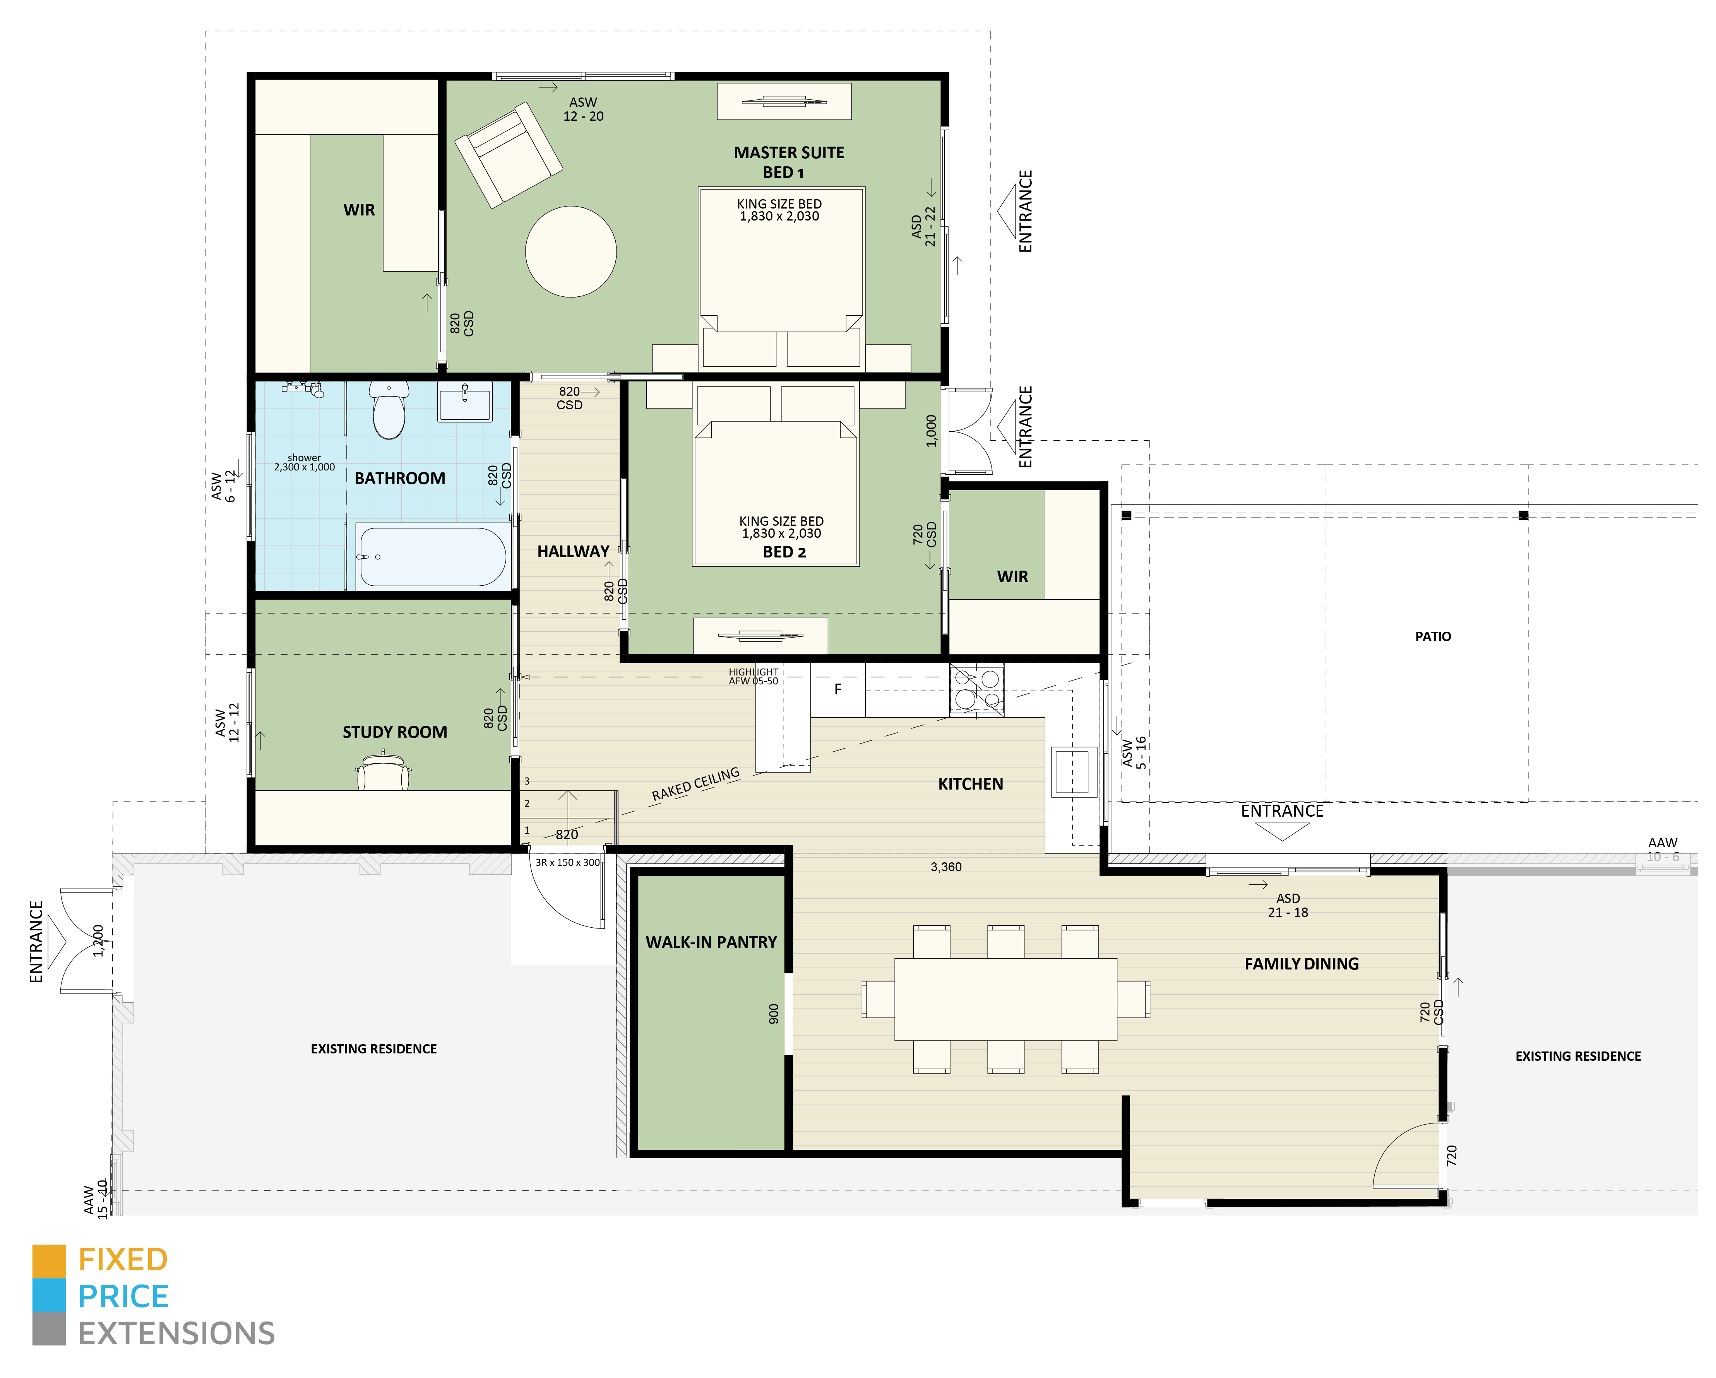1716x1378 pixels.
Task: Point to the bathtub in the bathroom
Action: point(431,557)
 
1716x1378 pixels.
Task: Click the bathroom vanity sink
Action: point(465,402)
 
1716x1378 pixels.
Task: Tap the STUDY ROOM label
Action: point(395,732)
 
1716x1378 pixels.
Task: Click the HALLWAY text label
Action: point(573,551)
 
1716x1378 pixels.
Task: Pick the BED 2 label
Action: point(784,552)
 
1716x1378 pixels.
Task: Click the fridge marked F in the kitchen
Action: point(837,690)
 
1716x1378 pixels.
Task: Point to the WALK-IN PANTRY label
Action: point(711,942)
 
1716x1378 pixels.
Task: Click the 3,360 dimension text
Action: point(945,867)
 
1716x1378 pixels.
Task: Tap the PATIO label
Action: point(1433,636)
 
